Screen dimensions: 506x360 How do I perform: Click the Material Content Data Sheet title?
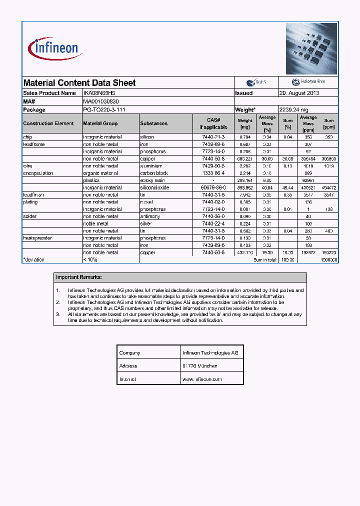[x=79, y=83]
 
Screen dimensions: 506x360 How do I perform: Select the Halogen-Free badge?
[x=308, y=82]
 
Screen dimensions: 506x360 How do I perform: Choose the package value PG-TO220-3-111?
[x=104, y=109]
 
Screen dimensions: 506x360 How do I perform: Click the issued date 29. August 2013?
[x=299, y=93]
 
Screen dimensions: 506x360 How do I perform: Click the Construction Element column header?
[x=48, y=123]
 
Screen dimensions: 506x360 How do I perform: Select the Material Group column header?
[x=100, y=123]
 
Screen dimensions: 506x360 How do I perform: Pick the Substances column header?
[x=154, y=123]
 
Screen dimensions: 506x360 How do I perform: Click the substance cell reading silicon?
[x=147, y=137]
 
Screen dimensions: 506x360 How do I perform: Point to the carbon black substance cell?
[x=154, y=173]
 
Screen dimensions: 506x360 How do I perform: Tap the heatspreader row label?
[x=37, y=238]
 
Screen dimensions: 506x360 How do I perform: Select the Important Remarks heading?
[x=79, y=277]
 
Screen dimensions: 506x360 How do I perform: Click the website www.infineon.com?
[x=202, y=379]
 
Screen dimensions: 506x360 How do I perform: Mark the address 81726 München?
[x=200, y=366]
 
